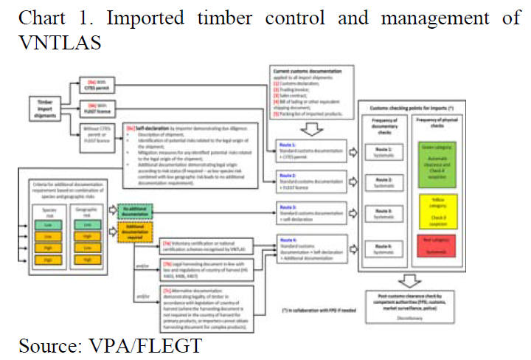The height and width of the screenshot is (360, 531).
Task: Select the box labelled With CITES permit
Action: tap(97, 84)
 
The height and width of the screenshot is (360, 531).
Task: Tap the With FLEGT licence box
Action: tap(97, 109)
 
